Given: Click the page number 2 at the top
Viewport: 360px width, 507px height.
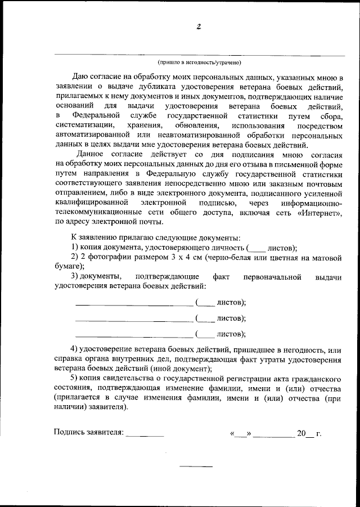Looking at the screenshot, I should (x=199, y=26).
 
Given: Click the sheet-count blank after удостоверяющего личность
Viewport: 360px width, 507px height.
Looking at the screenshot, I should (x=256, y=249).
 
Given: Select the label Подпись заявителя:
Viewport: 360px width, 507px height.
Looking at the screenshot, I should (x=88, y=433).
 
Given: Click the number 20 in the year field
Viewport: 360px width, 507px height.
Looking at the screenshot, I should (x=301, y=433).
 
